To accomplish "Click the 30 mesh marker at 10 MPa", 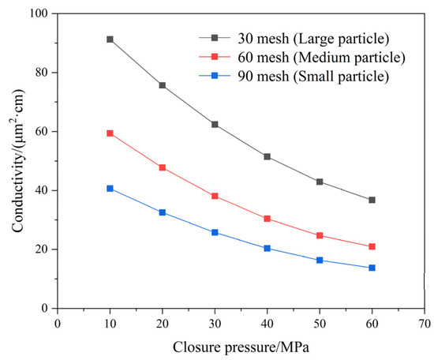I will pyautogui.click(x=110, y=39).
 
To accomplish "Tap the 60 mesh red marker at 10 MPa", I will pyautogui.click(x=110, y=133).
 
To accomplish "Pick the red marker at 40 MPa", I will pyautogui.click(x=267, y=219).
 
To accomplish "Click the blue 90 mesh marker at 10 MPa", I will pyautogui.click(x=110, y=189).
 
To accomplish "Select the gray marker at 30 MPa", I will pyautogui.click(x=215, y=125).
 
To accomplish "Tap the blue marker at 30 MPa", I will pyautogui.click(x=215, y=232).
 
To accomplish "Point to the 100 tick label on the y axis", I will pyautogui.click(x=38, y=14).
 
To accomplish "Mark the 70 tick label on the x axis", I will pyautogui.click(x=424, y=322).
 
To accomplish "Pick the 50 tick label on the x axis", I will pyautogui.click(x=319, y=322).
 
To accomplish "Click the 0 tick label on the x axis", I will pyautogui.click(x=58, y=322).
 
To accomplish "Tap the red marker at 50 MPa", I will pyautogui.click(x=320, y=235).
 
